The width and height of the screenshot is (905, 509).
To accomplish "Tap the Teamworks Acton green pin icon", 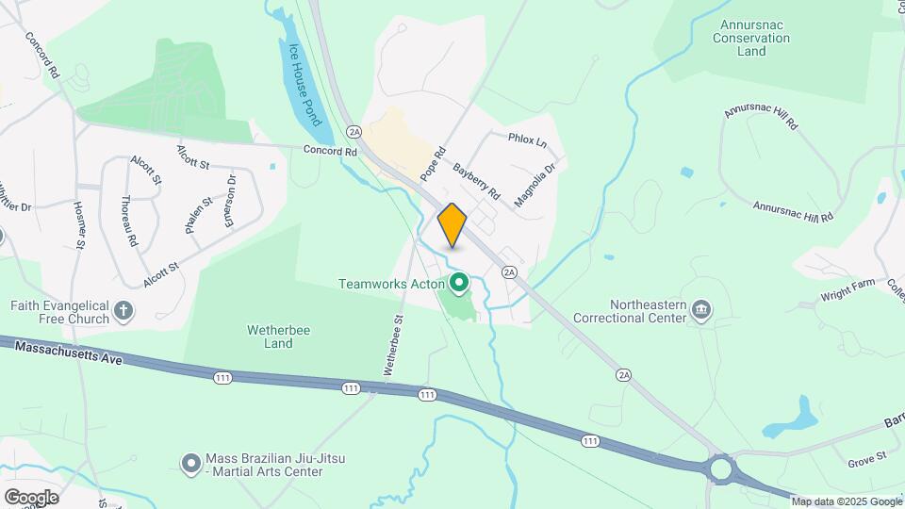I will point(460,282).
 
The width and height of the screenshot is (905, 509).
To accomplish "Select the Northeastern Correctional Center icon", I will point(700,310).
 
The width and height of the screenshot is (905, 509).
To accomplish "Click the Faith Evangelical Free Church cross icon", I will point(123,311).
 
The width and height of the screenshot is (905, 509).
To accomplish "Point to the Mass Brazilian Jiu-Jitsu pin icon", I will point(190,463).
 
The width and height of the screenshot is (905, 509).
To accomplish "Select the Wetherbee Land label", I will point(270,337).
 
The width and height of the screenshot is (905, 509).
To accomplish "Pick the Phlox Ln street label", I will point(527,140).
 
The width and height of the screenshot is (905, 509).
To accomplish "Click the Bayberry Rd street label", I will point(477,181).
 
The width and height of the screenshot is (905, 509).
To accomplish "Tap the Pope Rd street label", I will point(433,164).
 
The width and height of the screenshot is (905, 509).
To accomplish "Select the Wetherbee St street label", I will point(394,345).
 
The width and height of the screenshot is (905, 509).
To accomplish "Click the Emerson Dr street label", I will point(229,201).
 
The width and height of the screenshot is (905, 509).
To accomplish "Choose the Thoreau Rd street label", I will point(129,220).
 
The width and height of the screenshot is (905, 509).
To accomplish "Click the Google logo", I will point(31,497).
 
